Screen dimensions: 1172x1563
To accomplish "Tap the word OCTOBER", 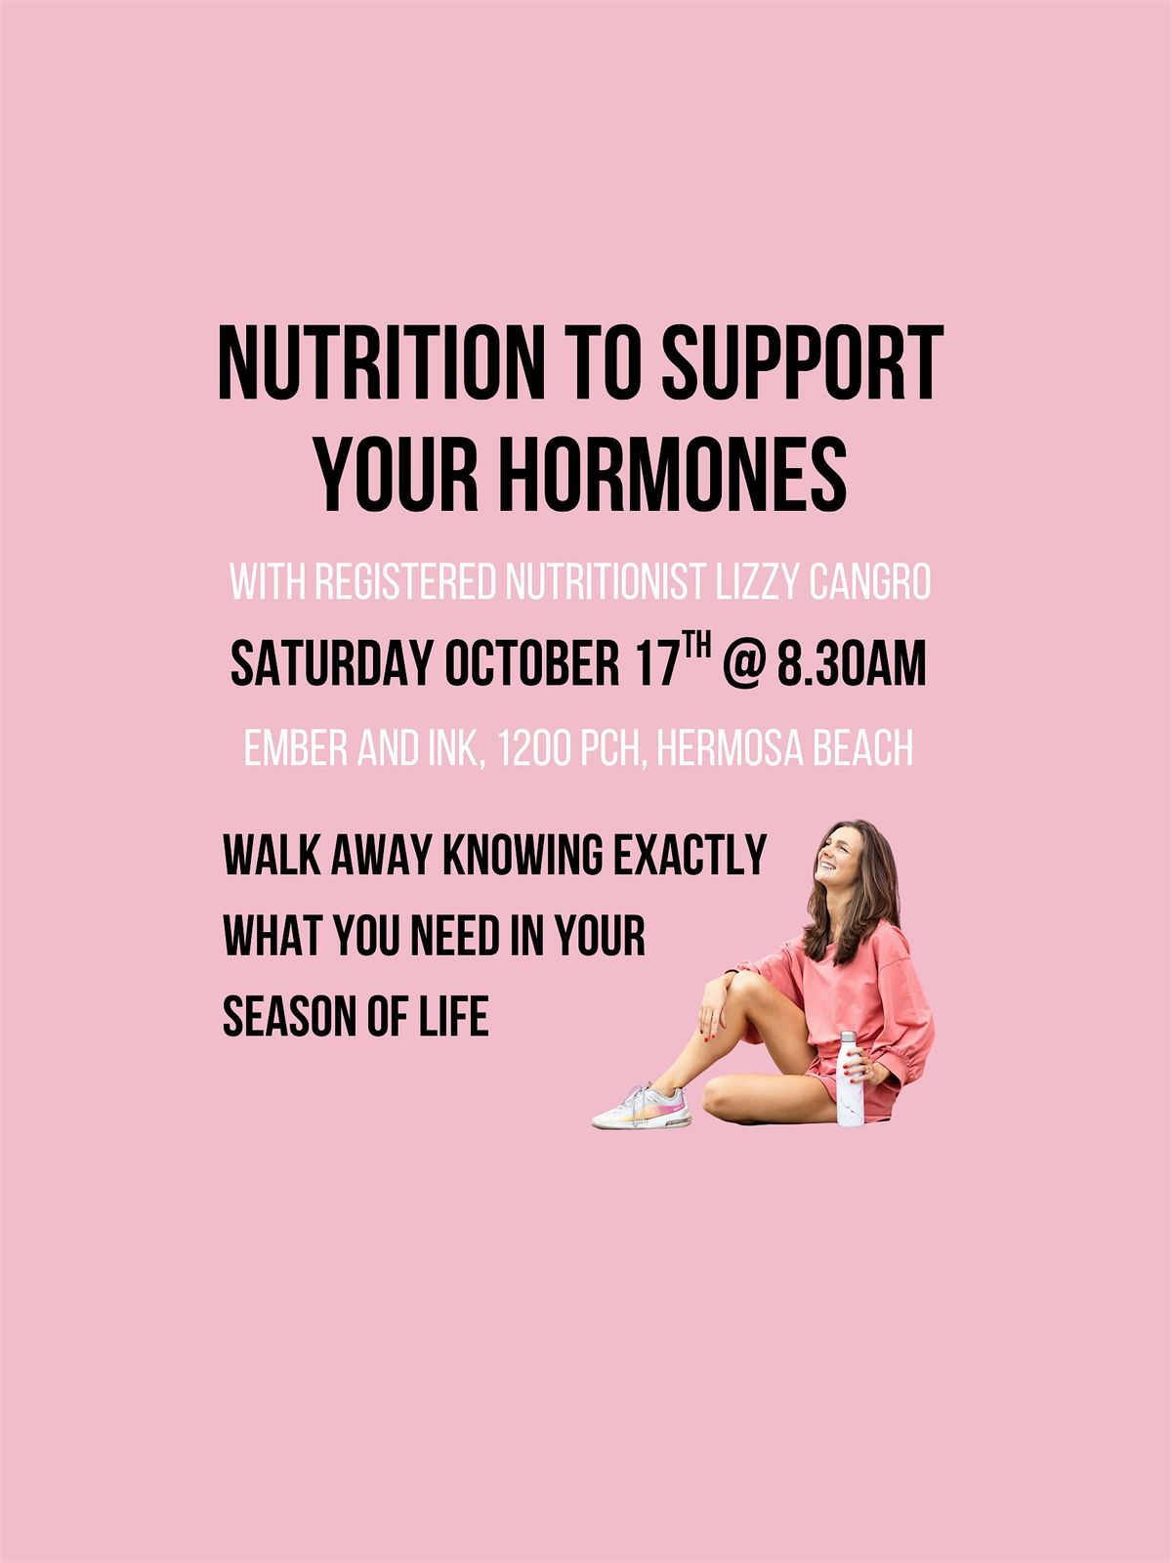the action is (x=532, y=663).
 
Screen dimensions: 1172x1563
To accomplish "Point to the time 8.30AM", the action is (x=852, y=663).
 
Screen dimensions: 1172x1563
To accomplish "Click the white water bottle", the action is (x=851, y=1077).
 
